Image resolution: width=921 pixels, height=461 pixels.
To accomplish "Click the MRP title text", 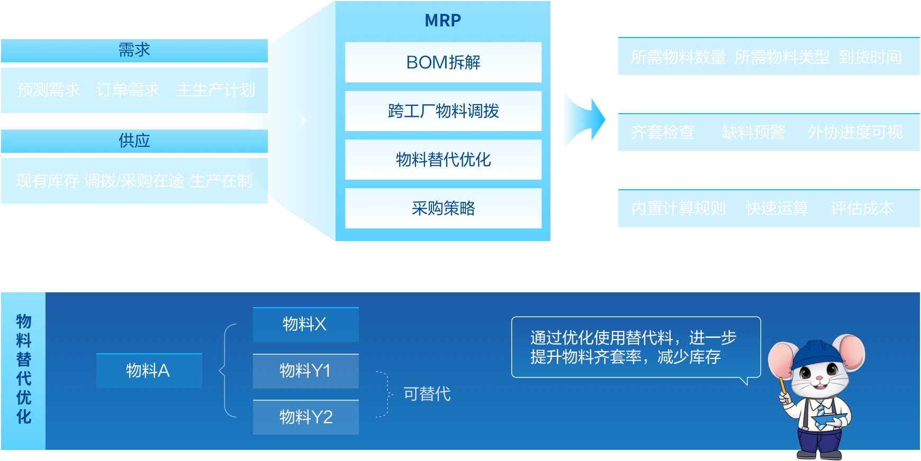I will pos(443,21).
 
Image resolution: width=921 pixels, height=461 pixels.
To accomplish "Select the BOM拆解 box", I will pos(443,62).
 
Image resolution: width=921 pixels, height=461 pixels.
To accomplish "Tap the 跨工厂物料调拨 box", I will pos(443,111).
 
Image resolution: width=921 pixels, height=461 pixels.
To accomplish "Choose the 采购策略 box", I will pos(443,208).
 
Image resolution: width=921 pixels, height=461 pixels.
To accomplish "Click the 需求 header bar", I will pos(134,50).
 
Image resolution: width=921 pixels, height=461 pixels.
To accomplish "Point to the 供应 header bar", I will pos(134,141).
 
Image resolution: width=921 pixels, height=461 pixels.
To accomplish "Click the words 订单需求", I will pos(128,90).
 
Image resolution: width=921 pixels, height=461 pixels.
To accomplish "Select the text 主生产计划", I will pos(215,90).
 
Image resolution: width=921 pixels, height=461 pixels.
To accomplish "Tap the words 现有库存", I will pos(48,181).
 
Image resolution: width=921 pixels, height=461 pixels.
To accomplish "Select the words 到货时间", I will pos(870,57).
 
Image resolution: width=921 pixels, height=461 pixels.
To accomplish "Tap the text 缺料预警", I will pos(753,132).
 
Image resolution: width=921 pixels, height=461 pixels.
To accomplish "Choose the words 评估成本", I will pos(862,208).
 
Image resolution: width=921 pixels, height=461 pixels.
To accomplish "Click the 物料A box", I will pos(149,371).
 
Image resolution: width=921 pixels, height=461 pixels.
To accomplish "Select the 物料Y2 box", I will pos(305,417).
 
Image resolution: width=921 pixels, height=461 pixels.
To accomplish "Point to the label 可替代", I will pos(427,394).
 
